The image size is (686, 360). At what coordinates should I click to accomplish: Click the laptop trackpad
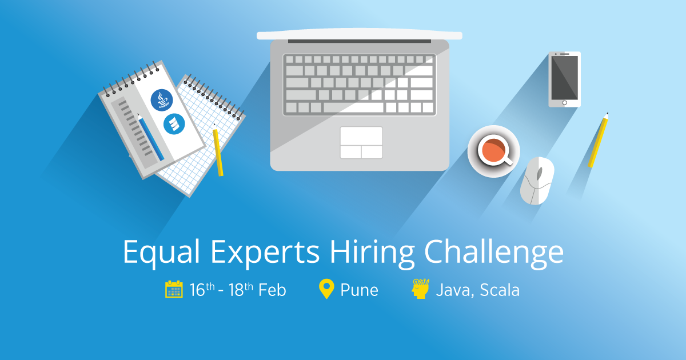click(x=361, y=142)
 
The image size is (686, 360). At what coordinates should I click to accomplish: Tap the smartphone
click(x=564, y=79)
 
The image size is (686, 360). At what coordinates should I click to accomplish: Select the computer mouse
click(x=537, y=180)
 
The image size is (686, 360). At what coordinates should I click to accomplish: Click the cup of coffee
click(x=493, y=151)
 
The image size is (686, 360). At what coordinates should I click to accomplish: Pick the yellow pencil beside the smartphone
click(x=598, y=140)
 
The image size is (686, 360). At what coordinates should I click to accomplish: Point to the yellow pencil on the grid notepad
click(x=218, y=150)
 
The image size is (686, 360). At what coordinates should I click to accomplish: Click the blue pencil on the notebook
click(x=150, y=137)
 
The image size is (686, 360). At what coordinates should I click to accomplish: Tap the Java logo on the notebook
click(x=161, y=100)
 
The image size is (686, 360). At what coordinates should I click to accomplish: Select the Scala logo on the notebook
click(x=174, y=124)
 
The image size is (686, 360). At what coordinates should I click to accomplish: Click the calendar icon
click(x=174, y=289)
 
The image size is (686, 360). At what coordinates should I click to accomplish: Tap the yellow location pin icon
click(x=326, y=289)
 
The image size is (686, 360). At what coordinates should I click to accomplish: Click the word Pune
click(x=359, y=290)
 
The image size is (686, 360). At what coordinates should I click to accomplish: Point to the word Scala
click(x=500, y=290)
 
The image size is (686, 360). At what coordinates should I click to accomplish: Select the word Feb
click(x=272, y=290)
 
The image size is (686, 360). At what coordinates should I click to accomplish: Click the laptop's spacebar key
click(x=353, y=107)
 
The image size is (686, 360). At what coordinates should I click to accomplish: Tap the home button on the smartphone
click(x=564, y=103)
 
